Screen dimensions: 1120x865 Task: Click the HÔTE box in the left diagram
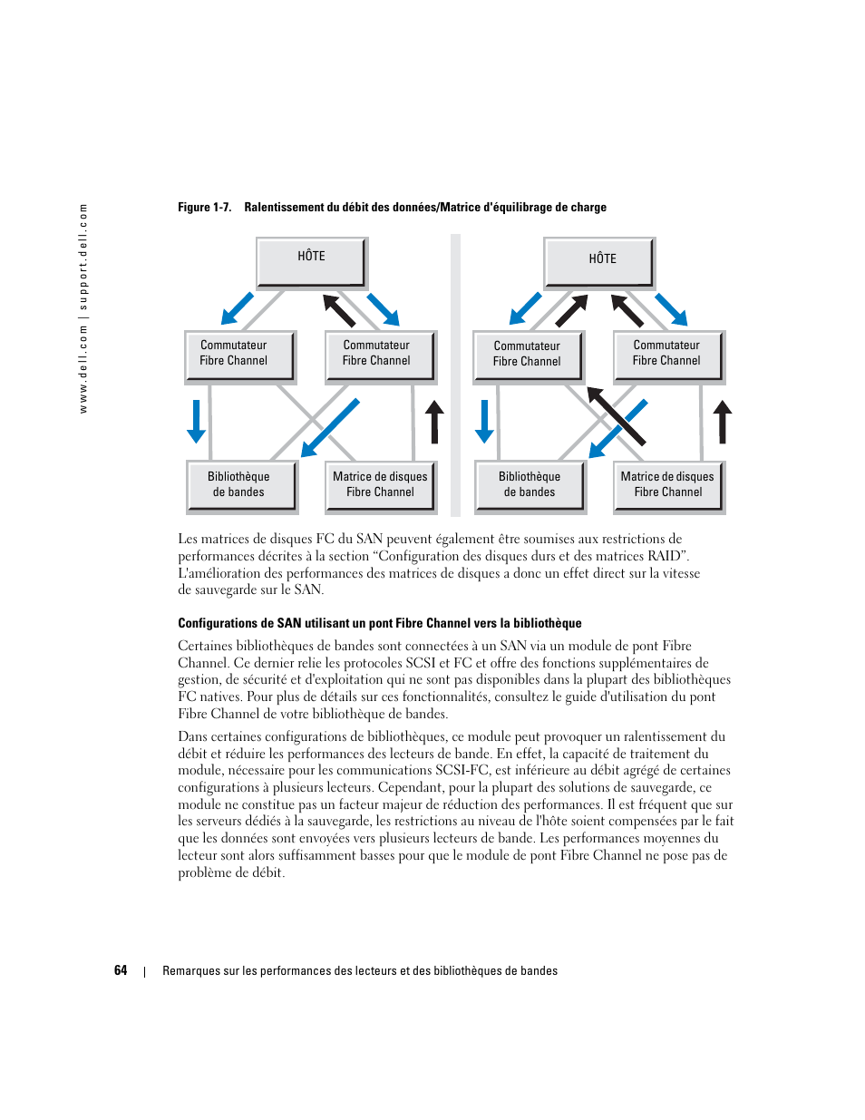click(x=311, y=262)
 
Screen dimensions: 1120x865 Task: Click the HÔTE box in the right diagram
click(x=598, y=262)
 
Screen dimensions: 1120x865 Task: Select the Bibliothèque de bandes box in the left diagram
click(x=239, y=484)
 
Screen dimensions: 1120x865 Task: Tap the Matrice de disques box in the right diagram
click(x=667, y=484)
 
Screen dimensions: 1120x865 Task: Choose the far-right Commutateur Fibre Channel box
click(x=667, y=354)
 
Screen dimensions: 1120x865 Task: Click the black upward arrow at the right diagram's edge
click(x=722, y=422)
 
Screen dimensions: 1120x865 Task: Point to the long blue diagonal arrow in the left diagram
click(x=330, y=427)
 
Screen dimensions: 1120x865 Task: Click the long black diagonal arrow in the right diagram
click(x=616, y=416)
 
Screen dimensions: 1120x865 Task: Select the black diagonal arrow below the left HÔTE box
click(x=339, y=310)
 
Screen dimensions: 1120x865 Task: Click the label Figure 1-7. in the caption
click(x=204, y=208)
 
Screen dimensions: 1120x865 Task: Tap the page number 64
click(x=121, y=970)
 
